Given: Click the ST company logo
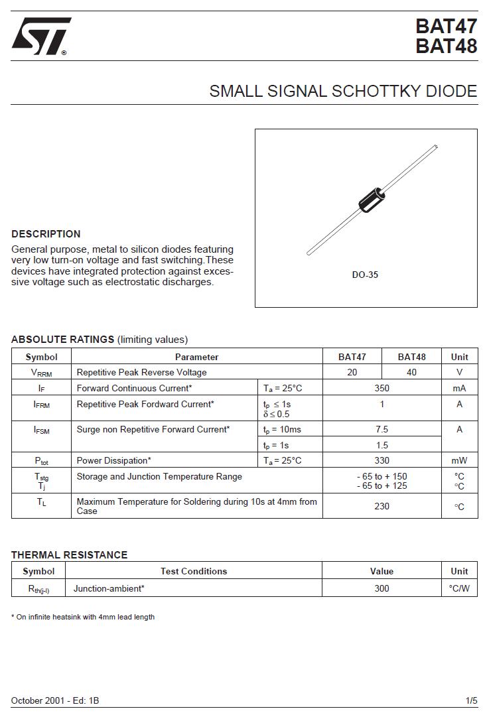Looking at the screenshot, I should coord(40,36).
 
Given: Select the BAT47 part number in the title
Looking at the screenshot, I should coord(446,27).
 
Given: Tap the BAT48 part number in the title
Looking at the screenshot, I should coord(446,47).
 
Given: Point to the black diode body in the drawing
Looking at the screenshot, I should coord(372,200).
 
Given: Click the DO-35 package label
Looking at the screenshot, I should coord(365,275).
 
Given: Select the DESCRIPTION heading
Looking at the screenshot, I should coord(46,234).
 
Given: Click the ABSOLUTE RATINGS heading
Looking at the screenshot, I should coord(63,340).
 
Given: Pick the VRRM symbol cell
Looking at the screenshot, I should coord(41,373).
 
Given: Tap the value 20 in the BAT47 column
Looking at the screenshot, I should coord(352,373).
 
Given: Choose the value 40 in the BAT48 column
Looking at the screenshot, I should coord(411,373).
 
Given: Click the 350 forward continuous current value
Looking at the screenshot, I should coord(381,389).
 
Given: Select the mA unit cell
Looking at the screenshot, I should coord(459,389).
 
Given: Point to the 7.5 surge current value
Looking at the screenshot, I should coord(381,430).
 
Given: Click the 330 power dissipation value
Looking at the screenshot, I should coord(381,461).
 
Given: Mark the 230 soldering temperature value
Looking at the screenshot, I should coord(381,507).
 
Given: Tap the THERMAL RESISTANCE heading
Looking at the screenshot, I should coord(69,555).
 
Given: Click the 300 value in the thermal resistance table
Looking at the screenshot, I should coord(381,588).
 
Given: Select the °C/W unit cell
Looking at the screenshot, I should coord(459,588).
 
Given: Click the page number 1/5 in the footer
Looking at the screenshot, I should coord(471,700).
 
